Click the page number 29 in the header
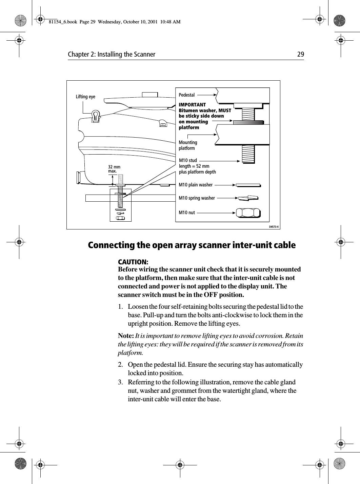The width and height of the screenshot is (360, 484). (x=300, y=54)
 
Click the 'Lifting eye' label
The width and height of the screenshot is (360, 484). (x=85, y=97)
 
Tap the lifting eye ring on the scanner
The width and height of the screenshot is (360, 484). (x=95, y=116)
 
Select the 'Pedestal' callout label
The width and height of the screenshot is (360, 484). (x=187, y=95)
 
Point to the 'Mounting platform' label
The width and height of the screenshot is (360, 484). (x=188, y=145)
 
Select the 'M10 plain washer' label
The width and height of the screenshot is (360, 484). (x=196, y=185)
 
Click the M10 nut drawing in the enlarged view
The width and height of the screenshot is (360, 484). (x=248, y=213)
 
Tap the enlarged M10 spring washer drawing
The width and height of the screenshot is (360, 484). (x=248, y=198)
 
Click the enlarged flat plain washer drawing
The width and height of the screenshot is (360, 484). (x=248, y=185)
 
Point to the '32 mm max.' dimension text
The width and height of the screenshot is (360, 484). (x=114, y=169)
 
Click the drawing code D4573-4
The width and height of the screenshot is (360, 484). (x=274, y=227)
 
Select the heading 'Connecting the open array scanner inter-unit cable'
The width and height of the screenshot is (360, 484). (x=192, y=245)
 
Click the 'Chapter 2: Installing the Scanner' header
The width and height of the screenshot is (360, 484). (x=112, y=54)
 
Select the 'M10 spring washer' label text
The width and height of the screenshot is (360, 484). (x=197, y=198)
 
